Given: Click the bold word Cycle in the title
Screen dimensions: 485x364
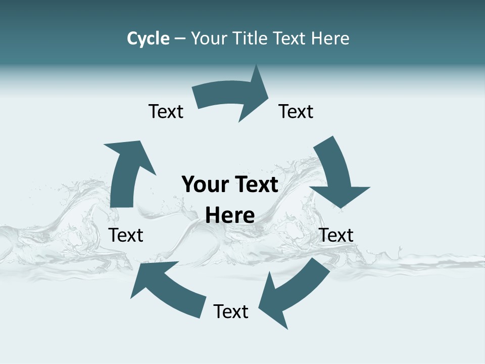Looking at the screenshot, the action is (148, 38).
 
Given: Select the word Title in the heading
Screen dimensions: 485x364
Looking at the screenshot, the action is (252, 38).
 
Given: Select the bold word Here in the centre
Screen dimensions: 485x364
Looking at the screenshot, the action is (230, 216).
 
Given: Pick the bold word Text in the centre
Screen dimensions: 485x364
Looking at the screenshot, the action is (255, 185).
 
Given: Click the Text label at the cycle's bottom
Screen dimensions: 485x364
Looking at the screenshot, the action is (231, 311).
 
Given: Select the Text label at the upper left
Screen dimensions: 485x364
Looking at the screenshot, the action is (166, 111).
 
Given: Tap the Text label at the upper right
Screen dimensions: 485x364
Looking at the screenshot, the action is (296, 111).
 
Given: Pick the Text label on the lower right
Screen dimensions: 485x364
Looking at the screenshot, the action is (336, 235).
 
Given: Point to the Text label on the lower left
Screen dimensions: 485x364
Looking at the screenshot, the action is (126, 235).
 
